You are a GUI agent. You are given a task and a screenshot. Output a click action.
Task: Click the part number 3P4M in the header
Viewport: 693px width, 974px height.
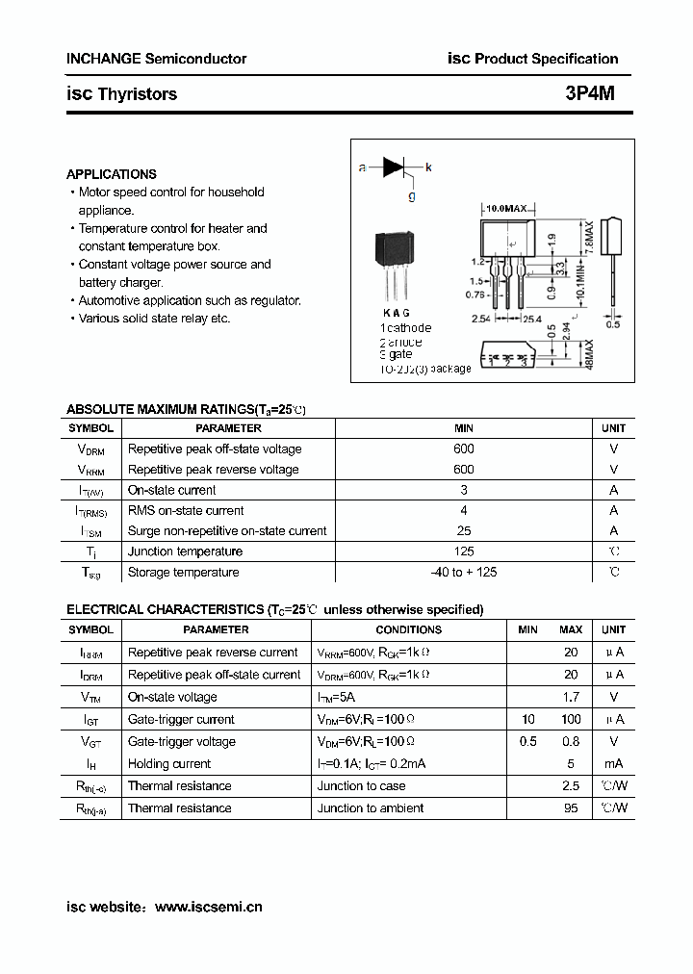point(595,94)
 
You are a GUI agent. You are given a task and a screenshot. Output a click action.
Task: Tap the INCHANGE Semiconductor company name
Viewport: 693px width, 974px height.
point(156,59)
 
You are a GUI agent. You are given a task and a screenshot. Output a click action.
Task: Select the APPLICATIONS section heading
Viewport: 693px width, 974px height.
point(111,174)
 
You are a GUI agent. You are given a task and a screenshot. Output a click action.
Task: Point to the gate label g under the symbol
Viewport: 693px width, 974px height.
point(412,195)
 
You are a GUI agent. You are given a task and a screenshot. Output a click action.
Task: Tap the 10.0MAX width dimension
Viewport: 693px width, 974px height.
point(506,208)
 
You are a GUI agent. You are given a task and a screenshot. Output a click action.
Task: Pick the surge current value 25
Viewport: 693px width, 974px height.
point(463,531)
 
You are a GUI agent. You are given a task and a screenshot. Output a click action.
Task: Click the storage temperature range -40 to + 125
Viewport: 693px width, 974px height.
point(463,573)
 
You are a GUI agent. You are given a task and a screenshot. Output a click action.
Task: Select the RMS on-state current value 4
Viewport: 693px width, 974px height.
point(463,511)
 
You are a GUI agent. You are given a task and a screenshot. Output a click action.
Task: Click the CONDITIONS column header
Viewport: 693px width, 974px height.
point(408,629)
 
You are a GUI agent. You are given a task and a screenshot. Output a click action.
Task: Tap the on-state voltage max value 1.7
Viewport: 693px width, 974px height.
point(571,697)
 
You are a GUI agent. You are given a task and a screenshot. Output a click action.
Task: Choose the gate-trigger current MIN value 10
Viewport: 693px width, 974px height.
point(527,719)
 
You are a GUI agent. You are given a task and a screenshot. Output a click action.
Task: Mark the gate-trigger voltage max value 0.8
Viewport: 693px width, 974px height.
point(571,741)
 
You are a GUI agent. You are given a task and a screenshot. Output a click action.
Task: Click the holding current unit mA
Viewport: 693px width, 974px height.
point(613,763)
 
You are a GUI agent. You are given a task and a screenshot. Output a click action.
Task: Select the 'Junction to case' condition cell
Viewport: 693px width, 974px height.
point(361,786)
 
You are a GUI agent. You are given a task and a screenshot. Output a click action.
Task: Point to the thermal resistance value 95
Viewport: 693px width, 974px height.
point(571,808)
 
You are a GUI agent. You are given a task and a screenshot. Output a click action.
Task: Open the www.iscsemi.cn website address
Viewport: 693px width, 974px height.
point(208,907)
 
